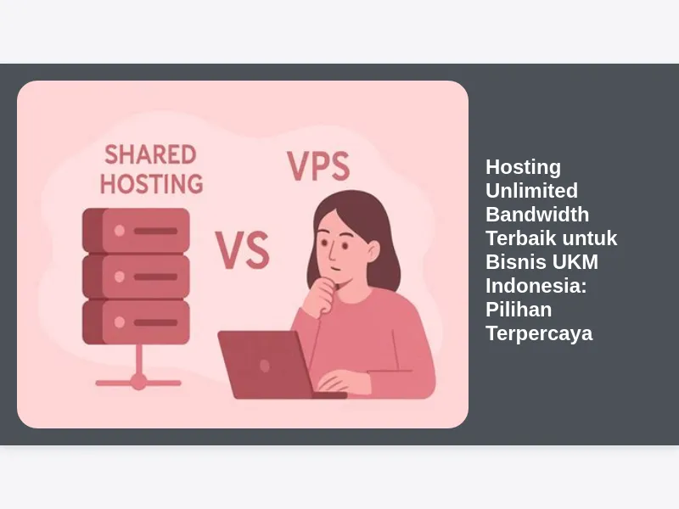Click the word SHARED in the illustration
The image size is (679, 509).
click(150, 154)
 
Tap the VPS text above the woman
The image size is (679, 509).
click(318, 166)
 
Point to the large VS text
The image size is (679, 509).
click(242, 249)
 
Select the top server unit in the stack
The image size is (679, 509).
click(136, 230)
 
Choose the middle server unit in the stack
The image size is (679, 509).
click(136, 276)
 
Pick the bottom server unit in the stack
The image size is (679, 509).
click(136, 322)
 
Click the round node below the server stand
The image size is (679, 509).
click(138, 382)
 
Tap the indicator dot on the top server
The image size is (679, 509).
click(120, 230)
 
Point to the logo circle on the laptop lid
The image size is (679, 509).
click(265, 366)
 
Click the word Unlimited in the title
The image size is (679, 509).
click(531, 191)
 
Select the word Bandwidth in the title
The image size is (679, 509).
click(537, 215)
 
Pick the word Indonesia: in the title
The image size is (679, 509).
click(536, 286)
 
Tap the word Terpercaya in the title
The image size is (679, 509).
click(539, 333)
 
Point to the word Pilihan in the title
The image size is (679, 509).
click(519, 310)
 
